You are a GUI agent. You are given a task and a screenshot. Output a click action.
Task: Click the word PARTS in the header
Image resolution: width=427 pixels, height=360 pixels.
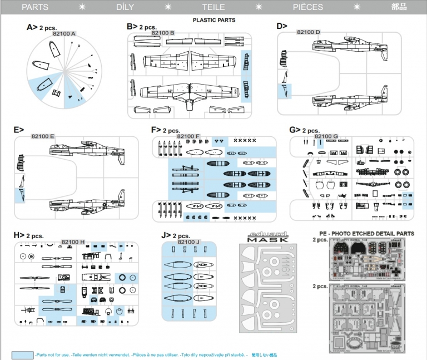tap(34, 7)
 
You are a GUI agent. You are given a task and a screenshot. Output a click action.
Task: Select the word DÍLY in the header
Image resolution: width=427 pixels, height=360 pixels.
tap(124, 7)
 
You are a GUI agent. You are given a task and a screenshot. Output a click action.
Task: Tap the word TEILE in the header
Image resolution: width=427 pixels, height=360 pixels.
tap(213, 7)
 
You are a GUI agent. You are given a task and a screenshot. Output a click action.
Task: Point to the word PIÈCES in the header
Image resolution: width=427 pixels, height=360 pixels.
tap(307, 7)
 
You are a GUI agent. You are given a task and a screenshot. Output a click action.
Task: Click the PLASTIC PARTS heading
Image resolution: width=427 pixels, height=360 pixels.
tap(213, 20)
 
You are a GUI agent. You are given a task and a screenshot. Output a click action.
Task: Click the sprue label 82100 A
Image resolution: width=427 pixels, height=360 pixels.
tap(64, 34)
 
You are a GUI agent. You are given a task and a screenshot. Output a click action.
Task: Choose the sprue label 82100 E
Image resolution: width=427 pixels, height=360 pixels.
tap(43, 136)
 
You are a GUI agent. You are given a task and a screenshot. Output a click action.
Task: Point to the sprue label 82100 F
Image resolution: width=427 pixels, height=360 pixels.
tap(188, 136)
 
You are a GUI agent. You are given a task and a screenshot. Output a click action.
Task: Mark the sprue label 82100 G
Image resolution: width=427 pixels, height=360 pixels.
tap(326, 136)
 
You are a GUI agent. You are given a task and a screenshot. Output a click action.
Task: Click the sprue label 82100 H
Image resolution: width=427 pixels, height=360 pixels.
tap(73, 241)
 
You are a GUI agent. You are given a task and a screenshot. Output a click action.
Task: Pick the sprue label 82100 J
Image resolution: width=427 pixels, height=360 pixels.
tap(188, 241)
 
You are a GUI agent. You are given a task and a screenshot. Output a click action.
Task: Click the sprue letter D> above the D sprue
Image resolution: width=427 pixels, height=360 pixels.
tap(282, 26)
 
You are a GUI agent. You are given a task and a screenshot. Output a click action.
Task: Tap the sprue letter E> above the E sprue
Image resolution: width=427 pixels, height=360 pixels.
tap(19, 130)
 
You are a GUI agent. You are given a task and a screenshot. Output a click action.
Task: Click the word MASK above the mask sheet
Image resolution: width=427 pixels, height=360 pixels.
tap(267, 240)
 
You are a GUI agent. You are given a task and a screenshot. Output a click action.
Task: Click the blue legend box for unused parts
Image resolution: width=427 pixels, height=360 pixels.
tap(22, 354)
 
